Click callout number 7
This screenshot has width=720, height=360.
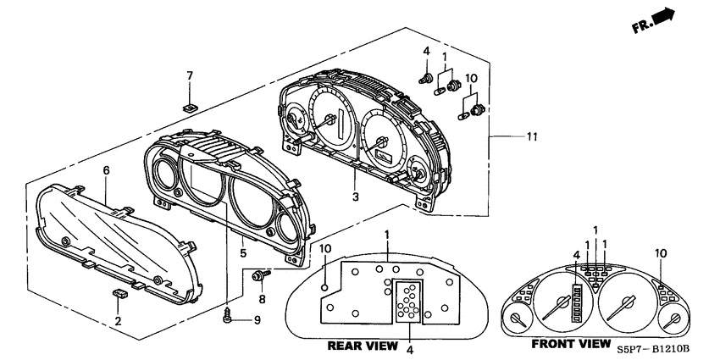[x=190, y=77]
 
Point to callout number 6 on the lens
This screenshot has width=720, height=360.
[x=107, y=171]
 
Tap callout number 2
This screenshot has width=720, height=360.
[x=118, y=320]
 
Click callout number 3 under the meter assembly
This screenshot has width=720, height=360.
[x=357, y=197]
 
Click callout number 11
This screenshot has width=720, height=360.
[x=532, y=136]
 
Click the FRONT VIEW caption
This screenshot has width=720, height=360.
[x=570, y=344]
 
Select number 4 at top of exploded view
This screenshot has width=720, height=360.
[x=426, y=53]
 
